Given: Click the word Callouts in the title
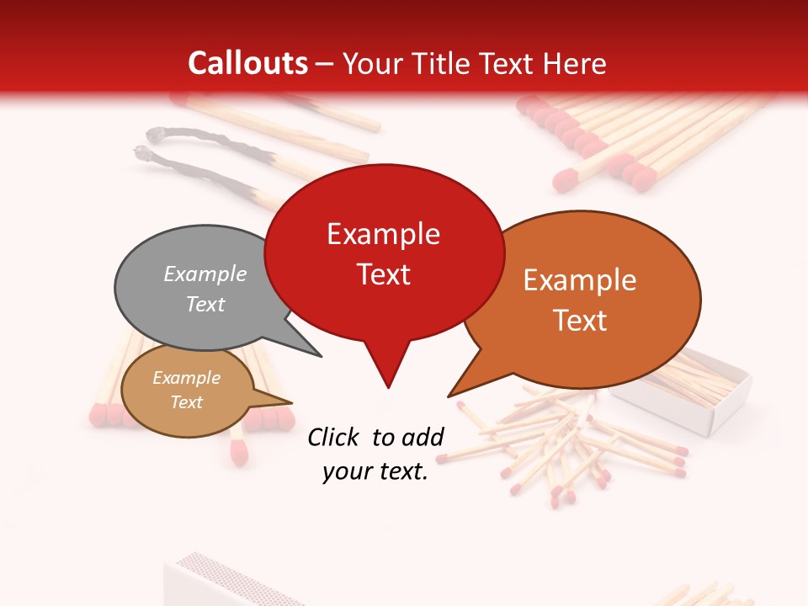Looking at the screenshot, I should pyautogui.click(x=247, y=63).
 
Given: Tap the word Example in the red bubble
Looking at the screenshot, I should pyautogui.click(x=383, y=234).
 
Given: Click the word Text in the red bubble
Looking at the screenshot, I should pyautogui.click(x=383, y=274).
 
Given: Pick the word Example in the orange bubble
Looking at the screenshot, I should pyautogui.click(x=580, y=280).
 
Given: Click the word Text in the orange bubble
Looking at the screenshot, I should pyautogui.click(x=580, y=320).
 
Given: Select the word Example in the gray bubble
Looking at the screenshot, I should pyautogui.click(x=205, y=274).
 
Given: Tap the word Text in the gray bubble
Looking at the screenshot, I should pyautogui.click(x=205, y=304).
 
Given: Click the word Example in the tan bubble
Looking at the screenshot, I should pyautogui.click(x=186, y=378).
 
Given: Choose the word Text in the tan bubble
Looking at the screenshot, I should pyautogui.click(x=186, y=402).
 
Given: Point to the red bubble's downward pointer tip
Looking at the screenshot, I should pyautogui.click(x=387, y=387).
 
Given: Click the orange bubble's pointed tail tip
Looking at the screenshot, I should pyautogui.click(x=449, y=396).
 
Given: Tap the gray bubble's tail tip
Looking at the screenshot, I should pyautogui.click(x=321, y=356).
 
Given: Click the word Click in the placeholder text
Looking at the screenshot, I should pyautogui.click(x=333, y=437).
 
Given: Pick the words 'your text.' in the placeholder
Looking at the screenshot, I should pyautogui.click(x=375, y=472).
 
